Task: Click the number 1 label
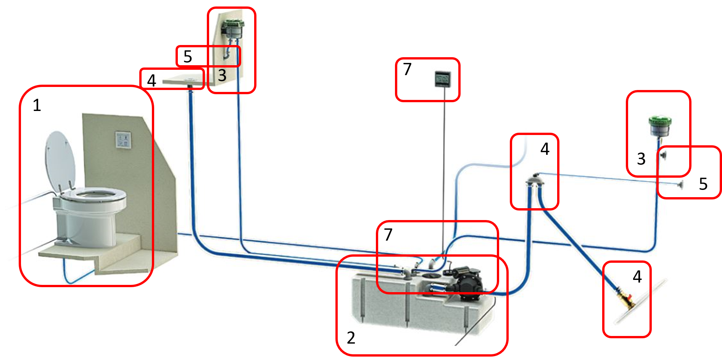(37, 105)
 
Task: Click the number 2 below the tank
(351, 338)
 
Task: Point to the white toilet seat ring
(93, 197)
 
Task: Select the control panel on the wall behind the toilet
(123, 140)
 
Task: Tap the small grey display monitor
(443, 79)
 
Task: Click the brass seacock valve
(625, 299)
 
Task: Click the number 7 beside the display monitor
(407, 69)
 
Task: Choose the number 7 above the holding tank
(388, 235)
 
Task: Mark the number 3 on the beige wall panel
(222, 75)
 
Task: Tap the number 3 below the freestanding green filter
(641, 159)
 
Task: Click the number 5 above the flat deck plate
(187, 56)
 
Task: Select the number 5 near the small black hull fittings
(703, 184)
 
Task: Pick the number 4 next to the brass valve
(637, 276)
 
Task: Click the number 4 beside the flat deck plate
(151, 80)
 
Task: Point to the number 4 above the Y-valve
(545, 149)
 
